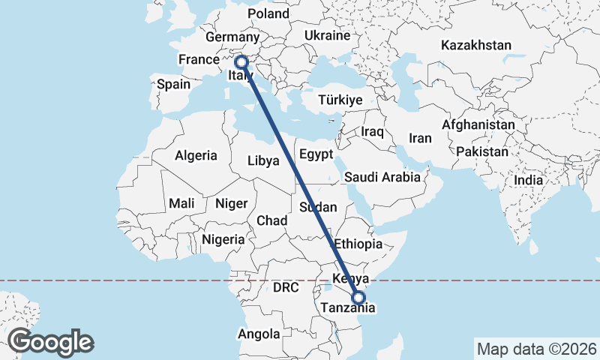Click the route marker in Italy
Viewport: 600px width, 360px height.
coord(241,62)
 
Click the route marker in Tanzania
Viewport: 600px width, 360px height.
coord(358,298)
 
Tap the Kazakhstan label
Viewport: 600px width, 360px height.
coord(476,46)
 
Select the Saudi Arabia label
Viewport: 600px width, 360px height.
coord(382,178)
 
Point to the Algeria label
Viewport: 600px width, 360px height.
coord(196,156)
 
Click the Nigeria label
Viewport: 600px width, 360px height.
coord(223,240)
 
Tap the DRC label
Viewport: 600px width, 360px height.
coord(286,287)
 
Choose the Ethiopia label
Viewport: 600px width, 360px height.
coord(358,244)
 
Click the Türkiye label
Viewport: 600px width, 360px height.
coord(340,100)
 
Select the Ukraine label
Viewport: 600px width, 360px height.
coord(328,35)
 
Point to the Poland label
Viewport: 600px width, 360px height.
coord(268,14)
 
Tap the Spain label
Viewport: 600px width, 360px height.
coord(173,85)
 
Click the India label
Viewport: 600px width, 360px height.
coord(528,181)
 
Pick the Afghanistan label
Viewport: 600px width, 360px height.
coord(478,124)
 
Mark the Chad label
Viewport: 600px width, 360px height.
coord(271,221)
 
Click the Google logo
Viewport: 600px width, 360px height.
coord(50,342)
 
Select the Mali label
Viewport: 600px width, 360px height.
coord(181,203)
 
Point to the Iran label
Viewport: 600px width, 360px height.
coord(420,138)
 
